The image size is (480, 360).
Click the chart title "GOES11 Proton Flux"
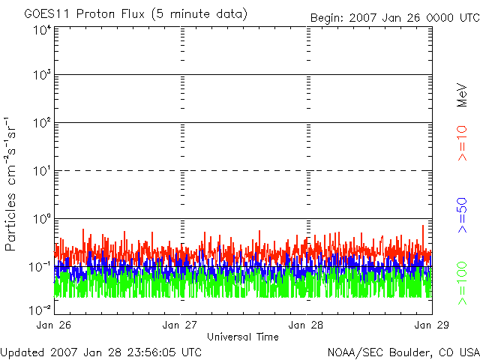click(85, 14)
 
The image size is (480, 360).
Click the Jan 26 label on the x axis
click(54, 325)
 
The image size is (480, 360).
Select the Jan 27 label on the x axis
click(180, 325)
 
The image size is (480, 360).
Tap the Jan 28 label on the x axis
click(306, 325)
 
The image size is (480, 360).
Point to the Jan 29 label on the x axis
click(432, 325)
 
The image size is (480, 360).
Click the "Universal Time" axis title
click(243, 337)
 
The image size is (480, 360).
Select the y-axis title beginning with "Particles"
click(10, 184)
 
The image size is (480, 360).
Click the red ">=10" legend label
click(462, 143)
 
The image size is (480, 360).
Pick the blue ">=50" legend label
click(462, 215)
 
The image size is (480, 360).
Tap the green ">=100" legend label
click(462, 283)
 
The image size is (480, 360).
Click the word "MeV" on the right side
click(462, 95)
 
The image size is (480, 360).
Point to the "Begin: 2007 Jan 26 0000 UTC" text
click(395, 18)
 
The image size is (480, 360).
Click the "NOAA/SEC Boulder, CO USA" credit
click(403, 352)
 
